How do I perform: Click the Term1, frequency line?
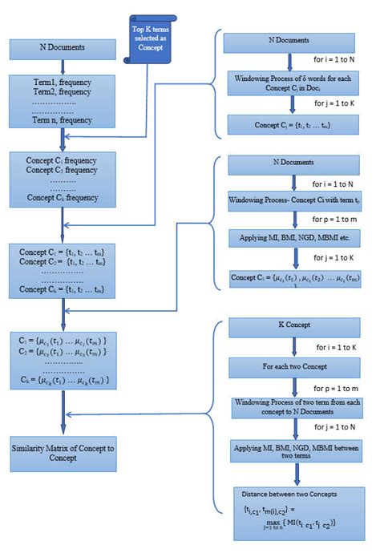click(51, 83)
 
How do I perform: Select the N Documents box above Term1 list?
click(52, 49)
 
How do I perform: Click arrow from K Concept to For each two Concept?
click(296, 347)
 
